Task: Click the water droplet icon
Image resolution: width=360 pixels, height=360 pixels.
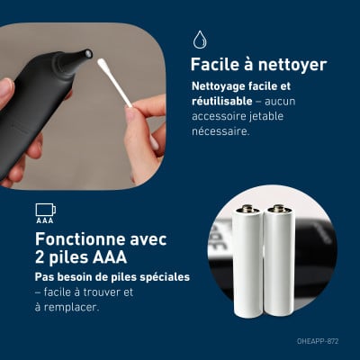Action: [200, 40]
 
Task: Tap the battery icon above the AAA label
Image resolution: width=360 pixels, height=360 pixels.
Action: [46, 210]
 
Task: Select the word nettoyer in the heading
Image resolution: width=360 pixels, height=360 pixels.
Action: [292, 66]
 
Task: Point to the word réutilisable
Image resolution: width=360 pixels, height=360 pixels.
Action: [222, 101]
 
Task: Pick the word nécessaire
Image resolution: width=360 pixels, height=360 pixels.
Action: [220, 131]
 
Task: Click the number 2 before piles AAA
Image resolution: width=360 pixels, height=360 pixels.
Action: [40, 257]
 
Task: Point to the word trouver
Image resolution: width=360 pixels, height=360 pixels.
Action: [103, 292]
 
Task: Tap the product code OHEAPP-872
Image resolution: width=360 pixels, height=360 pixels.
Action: [318, 341]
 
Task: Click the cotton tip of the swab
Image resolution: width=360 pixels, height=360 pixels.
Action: [103, 64]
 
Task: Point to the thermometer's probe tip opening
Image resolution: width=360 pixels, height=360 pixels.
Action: [88, 54]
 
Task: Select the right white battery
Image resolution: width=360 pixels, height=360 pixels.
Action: [279, 260]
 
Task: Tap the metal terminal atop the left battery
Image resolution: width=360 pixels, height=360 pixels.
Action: [248, 208]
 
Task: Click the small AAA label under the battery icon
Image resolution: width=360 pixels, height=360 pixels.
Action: [45, 220]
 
